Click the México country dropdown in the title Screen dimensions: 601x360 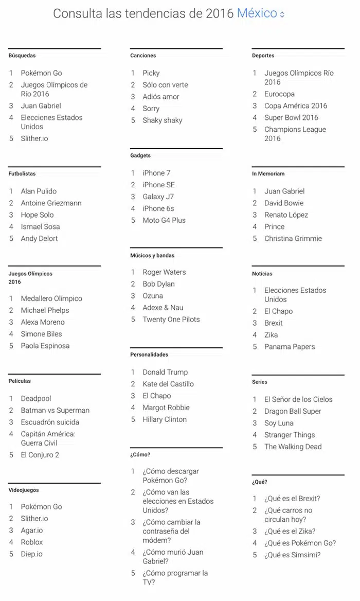(x=260, y=14)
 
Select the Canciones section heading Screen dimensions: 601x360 (x=143, y=56)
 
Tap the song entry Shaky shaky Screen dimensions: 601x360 (x=162, y=120)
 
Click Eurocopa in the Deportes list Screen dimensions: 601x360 (x=279, y=94)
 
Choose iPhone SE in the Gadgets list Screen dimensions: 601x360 (x=158, y=185)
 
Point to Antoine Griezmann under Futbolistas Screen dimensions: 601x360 (x=51, y=203)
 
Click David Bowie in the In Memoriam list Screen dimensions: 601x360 (x=284, y=203)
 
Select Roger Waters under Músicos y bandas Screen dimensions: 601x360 (x=164, y=272)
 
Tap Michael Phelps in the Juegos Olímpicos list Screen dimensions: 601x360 (x=45, y=310)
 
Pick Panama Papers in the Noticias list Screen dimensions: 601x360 (x=290, y=347)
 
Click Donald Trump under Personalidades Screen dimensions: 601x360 (x=165, y=372)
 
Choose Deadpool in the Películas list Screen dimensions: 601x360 (x=36, y=399)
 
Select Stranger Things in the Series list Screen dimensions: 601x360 (x=290, y=435)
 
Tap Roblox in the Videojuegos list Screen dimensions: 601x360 (x=32, y=542)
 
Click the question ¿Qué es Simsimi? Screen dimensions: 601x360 (x=292, y=555)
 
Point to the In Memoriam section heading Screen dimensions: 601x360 (x=268, y=174)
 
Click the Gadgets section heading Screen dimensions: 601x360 (x=140, y=155)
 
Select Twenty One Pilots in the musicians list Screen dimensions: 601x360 (x=171, y=320)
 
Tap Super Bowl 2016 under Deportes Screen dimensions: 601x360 (x=291, y=118)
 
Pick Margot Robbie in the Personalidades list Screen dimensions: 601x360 (x=166, y=408)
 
